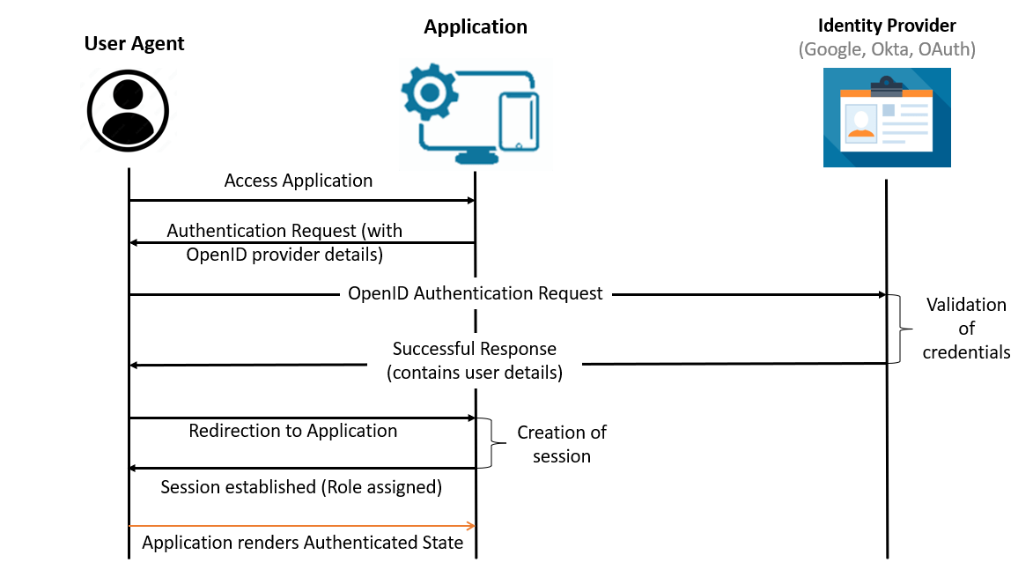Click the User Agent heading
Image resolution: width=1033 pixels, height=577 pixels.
pyautogui.click(x=134, y=44)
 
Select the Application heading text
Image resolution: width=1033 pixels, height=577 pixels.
pyautogui.click(x=476, y=27)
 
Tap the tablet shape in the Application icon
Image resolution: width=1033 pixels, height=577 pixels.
pyautogui.click(x=518, y=121)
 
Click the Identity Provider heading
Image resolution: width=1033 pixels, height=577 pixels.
pyautogui.click(x=887, y=26)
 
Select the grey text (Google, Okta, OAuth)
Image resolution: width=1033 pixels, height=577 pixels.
pyautogui.click(x=887, y=49)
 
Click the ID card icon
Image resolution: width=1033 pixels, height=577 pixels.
pyautogui.click(x=887, y=119)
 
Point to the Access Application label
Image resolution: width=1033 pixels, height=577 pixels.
pyautogui.click(x=299, y=181)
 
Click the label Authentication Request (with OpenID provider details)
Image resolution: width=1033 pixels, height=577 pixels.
pyautogui.click(x=284, y=242)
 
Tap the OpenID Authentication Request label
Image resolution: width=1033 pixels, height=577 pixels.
pyautogui.click(x=476, y=293)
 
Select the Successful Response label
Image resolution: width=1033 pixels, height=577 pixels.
pyautogui.click(x=475, y=360)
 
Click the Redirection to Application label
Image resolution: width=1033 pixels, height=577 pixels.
pyautogui.click(x=293, y=431)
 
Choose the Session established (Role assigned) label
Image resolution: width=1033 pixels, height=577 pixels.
pyautogui.click(x=301, y=486)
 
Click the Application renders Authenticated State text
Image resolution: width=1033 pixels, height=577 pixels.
pyautogui.click(x=303, y=543)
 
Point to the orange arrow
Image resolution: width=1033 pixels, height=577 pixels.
pyautogui.click(x=302, y=526)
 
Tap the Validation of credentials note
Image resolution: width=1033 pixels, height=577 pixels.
pyautogui.click(x=966, y=329)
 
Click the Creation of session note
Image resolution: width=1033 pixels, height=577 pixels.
pyautogui.click(x=562, y=444)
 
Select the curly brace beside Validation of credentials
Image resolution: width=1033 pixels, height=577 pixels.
pyautogui.click(x=898, y=329)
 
